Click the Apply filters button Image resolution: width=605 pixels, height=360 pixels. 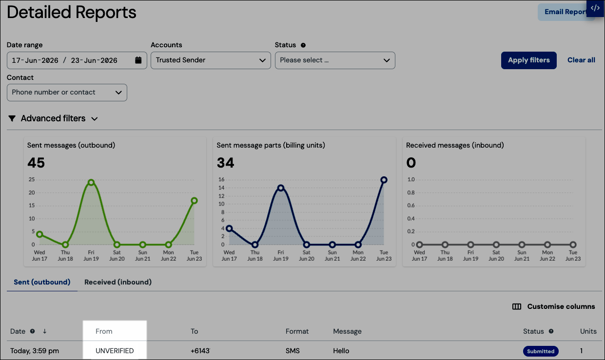coord(528,60)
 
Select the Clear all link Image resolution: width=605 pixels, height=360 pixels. coord(581,60)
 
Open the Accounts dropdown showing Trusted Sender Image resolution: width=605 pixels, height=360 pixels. coord(211,60)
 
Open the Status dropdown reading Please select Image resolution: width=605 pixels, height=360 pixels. coord(335,60)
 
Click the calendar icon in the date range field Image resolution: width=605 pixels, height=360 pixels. coord(138,60)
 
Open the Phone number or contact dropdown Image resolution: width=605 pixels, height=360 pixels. coord(67,92)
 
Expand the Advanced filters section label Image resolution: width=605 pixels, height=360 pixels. coord(53,118)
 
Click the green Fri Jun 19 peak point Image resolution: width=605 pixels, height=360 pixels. coord(91,182)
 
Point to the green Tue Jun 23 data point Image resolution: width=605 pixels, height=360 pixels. coord(194,201)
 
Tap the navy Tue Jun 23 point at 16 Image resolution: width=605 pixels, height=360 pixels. coord(384,180)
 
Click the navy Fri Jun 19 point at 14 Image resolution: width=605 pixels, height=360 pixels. coord(281,188)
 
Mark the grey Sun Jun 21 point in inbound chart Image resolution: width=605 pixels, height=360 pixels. coord(522,245)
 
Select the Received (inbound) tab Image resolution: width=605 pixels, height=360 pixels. coord(118,282)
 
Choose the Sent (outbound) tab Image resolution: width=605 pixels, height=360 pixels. coord(42,282)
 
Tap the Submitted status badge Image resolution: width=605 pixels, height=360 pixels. coord(541,351)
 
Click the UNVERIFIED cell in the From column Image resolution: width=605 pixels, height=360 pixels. coord(115,351)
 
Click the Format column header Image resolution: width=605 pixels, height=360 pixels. coord(297,331)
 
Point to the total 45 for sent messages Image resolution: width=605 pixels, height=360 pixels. coord(36,163)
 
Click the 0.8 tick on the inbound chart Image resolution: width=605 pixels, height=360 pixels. coord(411,192)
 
